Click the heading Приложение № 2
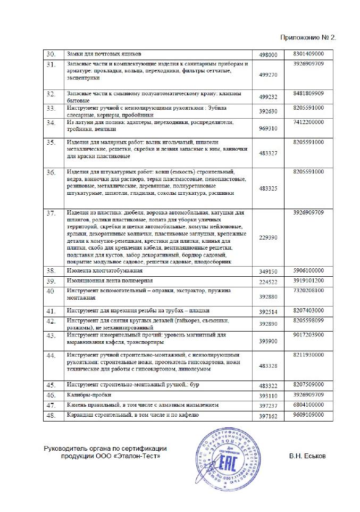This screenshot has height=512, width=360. pos(308,38)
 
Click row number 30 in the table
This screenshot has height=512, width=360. pos(52,54)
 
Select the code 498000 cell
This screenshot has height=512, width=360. pos(268,55)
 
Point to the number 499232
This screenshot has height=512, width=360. pos(268,98)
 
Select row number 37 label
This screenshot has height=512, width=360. pos(52,213)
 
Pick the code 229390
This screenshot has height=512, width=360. pos(268,237)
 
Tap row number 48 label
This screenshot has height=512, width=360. pos(52,415)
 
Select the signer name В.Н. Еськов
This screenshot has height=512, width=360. pos(309,456)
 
